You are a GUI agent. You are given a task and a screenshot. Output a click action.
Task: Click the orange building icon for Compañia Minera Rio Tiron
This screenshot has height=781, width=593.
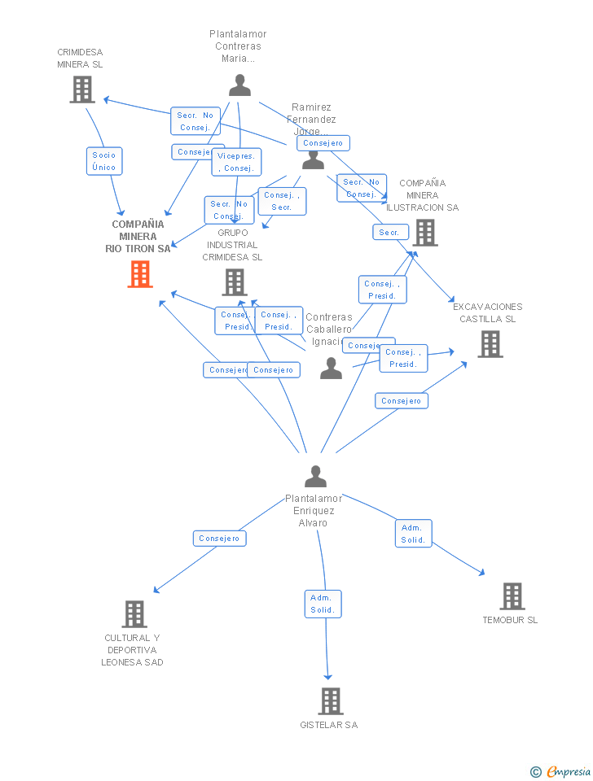(x=140, y=274)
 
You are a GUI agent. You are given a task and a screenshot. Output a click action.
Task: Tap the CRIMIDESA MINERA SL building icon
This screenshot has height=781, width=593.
(x=82, y=89)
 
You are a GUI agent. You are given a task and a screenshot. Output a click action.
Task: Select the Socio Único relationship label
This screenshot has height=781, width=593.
(x=104, y=161)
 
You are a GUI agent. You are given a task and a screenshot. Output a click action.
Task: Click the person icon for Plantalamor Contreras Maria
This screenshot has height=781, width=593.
(x=239, y=85)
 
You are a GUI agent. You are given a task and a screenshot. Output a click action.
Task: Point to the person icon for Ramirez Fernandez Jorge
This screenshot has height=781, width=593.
(x=313, y=159)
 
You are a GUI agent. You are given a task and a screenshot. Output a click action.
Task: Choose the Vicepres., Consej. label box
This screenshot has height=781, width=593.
(x=236, y=162)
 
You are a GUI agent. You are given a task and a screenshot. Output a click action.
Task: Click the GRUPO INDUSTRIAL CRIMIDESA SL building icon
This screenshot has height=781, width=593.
(x=235, y=282)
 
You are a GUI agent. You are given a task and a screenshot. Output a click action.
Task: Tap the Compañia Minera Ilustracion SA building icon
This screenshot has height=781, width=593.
(x=424, y=233)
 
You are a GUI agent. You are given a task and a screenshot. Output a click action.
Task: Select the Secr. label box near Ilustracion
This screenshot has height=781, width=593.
(x=389, y=233)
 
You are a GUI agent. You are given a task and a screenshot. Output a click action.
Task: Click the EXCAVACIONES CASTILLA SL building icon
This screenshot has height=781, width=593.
(x=490, y=344)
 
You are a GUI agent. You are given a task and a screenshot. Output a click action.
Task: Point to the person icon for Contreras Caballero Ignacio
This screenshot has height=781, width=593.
(x=331, y=369)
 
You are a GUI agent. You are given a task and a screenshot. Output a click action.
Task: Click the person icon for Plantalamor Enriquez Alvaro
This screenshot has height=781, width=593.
(x=315, y=477)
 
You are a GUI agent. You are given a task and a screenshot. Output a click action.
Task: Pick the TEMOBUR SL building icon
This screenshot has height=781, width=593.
(x=512, y=596)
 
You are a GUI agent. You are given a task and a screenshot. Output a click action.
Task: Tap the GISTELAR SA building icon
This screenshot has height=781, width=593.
(x=330, y=701)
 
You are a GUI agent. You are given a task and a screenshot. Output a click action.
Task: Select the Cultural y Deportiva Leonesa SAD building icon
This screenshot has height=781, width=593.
(x=134, y=614)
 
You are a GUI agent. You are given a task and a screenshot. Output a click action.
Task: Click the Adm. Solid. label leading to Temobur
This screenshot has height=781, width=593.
(x=413, y=534)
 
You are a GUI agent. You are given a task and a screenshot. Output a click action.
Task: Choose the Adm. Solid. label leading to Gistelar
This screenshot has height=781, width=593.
(x=323, y=604)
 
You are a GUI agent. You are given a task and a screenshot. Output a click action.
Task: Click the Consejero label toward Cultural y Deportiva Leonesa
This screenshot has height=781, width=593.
(x=219, y=539)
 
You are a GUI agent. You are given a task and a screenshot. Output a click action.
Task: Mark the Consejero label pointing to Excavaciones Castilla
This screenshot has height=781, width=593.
(x=401, y=401)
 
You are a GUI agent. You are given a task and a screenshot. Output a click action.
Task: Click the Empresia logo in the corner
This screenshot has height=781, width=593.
(x=561, y=771)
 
